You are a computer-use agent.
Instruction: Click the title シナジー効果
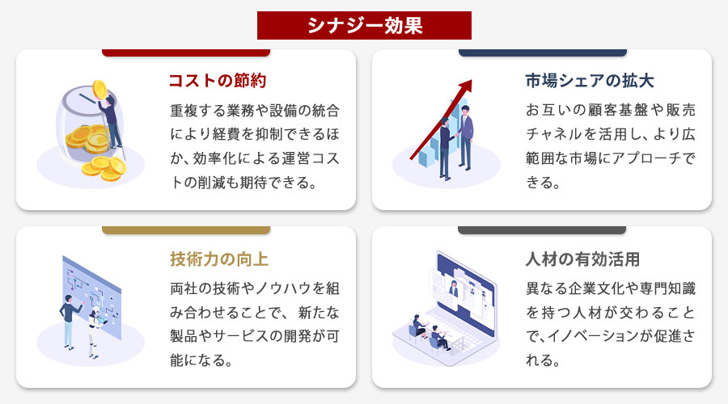364,25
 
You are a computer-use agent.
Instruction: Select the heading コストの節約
217,82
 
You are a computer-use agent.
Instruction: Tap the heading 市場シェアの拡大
589,82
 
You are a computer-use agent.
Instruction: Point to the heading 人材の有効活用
582,259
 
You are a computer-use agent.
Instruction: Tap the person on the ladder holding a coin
112,117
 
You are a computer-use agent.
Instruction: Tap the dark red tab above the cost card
186,53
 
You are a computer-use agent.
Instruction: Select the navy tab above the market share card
542,53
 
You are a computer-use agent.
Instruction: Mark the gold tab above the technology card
186,230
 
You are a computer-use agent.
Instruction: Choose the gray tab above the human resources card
542,230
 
